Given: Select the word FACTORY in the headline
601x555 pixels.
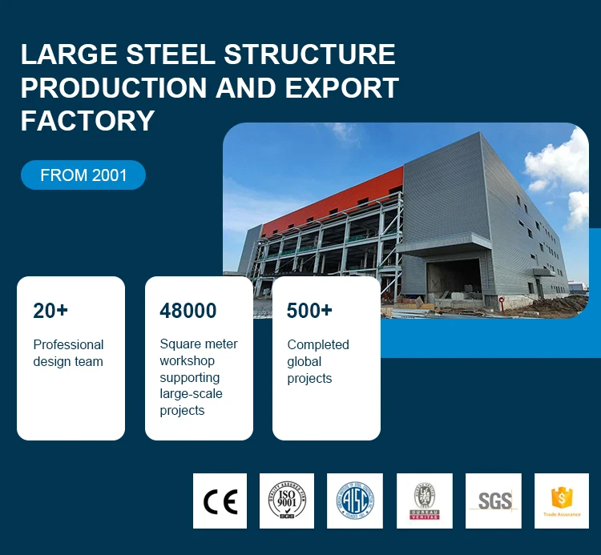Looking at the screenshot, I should pyautogui.click(x=87, y=120).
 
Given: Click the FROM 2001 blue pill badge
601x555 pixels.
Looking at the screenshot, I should pyautogui.click(x=83, y=175).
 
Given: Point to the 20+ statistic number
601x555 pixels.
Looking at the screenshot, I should pyautogui.click(x=50, y=311).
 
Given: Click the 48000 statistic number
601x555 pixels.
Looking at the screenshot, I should pyautogui.click(x=188, y=311).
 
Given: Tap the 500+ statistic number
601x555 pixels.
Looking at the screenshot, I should pyautogui.click(x=309, y=311).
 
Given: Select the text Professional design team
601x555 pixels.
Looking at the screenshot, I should pyautogui.click(x=68, y=353).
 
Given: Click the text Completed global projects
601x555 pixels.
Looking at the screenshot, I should pyautogui.click(x=318, y=361).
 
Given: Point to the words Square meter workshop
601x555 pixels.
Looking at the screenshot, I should pyautogui.click(x=198, y=352).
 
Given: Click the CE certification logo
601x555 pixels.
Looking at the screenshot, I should pyautogui.click(x=220, y=501).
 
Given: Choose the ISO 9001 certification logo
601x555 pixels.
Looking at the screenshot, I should pyautogui.click(x=287, y=501).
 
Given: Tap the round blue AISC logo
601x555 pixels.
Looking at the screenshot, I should pyautogui.click(x=354, y=501).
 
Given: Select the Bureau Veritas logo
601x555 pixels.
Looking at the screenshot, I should pyautogui.click(x=425, y=501).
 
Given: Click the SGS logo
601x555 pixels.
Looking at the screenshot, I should pyautogui.click(x=494, y=501).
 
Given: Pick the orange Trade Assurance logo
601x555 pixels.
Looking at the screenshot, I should pyautogui.click(x=562, y=501).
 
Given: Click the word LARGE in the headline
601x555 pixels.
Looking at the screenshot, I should pyautogui.click(x=66, y=54).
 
